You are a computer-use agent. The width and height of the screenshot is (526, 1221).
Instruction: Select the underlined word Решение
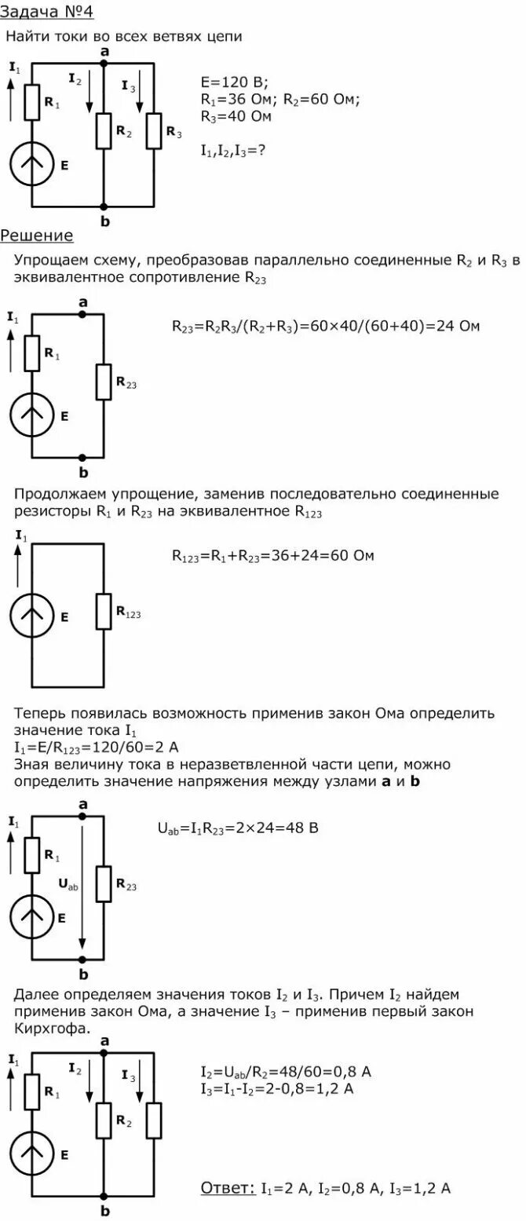[x=37, y=236]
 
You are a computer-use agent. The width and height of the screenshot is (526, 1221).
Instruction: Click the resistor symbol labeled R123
[x=104, y=612]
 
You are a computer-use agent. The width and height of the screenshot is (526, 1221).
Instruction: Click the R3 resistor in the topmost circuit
[x=154, y=130]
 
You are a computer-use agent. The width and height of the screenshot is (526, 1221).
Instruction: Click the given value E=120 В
[x=235, y=82]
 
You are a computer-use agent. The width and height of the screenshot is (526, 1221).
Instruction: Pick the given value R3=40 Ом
[x=236, y=116]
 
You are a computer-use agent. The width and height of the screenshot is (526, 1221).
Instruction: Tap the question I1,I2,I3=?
[x=232, y=150]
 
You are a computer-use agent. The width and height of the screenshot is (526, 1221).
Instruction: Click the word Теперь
[x=40, y=714]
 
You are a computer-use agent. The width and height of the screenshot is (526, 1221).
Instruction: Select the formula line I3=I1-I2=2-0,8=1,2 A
[x=277, y=1089]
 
